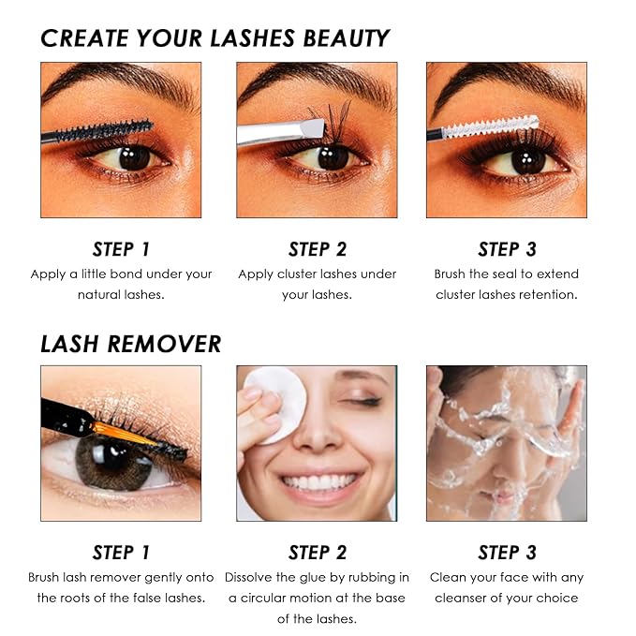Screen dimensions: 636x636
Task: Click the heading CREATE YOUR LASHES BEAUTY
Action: coord(214,38)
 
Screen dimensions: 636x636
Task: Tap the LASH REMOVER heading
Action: coord(130,344)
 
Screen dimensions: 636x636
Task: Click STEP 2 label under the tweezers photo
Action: coord(318,249)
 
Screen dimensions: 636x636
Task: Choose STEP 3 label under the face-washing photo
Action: coord(507,553)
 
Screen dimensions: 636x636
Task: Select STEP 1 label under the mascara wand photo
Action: coord(121,249)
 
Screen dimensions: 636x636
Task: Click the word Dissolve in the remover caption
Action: coord(249,577)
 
